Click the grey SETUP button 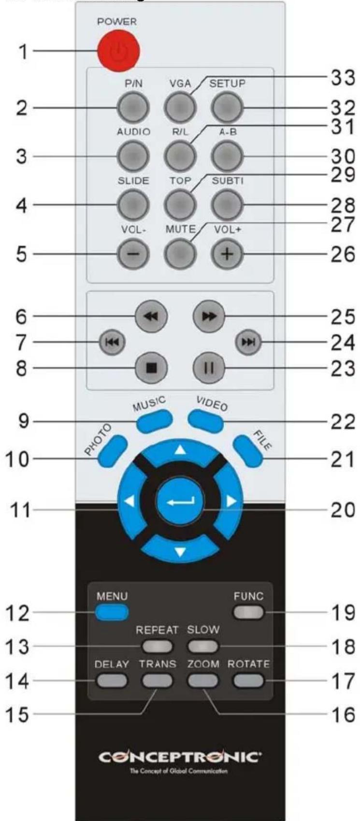point(227,107)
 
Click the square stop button point(151,368)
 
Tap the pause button point(209,368)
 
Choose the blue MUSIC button point(154,420)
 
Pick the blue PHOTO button point(113,451)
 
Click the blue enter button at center point(180,502)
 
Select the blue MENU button point(112,612)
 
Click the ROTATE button point(248,681)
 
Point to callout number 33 point(343,77)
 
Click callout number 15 point(17,714)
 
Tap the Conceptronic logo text point(180,757)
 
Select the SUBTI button point(227,205)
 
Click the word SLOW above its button point(203,630)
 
